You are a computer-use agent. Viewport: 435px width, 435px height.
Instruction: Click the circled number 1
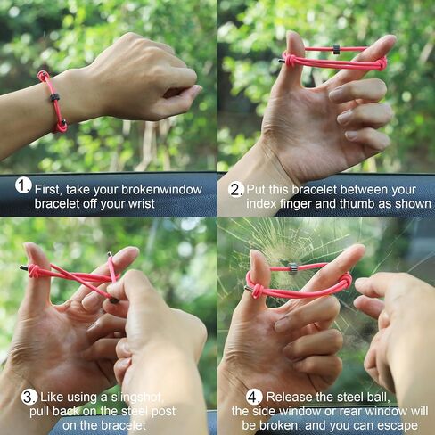(23, 185)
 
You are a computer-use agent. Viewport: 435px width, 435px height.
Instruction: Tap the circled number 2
(236, 189)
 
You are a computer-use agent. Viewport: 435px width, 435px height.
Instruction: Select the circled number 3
(29, 397)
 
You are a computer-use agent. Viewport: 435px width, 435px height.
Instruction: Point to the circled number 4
(254, 397)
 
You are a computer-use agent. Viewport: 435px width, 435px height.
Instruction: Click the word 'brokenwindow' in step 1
(162, 190)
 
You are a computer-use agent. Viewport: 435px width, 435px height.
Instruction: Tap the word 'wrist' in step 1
(141, 204)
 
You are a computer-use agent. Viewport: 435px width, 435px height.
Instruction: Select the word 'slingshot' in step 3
(137, 398)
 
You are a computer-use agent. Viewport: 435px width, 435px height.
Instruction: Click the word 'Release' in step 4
(285, 397)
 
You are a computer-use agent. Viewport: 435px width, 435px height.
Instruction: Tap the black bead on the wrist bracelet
(54, 97)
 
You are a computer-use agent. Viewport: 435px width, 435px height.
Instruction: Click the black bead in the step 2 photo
(336, 49)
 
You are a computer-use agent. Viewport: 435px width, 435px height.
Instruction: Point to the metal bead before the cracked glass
(293, 268)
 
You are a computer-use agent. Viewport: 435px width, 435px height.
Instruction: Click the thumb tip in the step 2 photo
(293, 35)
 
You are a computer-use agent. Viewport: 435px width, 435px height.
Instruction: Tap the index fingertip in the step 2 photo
(389, 39)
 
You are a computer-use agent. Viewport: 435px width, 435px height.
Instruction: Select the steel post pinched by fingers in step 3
(114, 300)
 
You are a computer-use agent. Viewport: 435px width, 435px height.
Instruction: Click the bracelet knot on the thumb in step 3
(34, 271)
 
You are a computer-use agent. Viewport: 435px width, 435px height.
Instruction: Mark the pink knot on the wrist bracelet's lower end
(62, 126)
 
